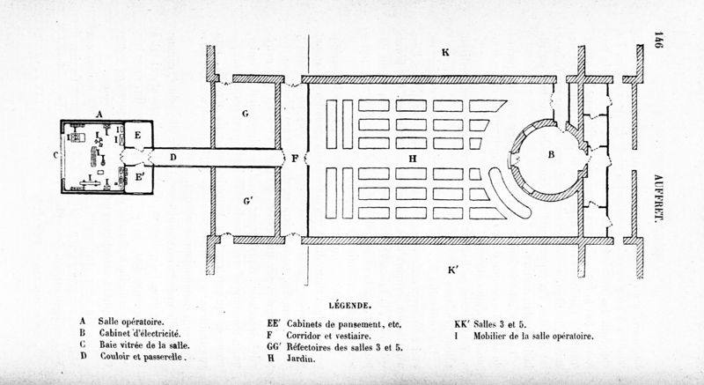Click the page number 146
(656, 42)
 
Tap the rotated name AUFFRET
(657, 196)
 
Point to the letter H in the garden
(412, 158)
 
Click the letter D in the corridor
(173, 158)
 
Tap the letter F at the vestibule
(297, 158)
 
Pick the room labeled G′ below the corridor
(248, 202)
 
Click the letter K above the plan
(446, 54)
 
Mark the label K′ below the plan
(451, 270)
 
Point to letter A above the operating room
(100, 114)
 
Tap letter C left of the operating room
(55, 157)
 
